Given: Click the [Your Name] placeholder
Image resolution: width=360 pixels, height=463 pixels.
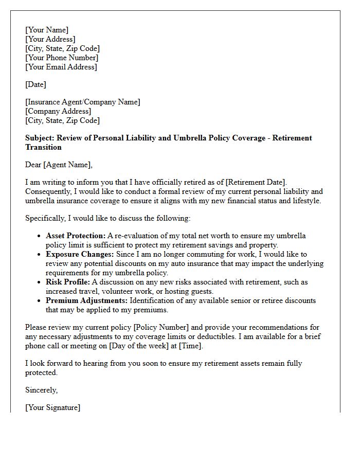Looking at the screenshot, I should click(47, 30).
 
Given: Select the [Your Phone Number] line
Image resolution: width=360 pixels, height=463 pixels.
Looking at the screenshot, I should click(62, 58).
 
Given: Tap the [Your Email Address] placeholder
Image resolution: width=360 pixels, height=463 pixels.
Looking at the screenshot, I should click(61, 67).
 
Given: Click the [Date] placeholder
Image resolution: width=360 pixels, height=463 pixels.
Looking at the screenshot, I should click(35, 84).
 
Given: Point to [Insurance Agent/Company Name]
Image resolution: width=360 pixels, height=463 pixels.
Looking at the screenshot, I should click(83, 102).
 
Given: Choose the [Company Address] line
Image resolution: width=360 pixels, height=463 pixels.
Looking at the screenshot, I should click(58, 111).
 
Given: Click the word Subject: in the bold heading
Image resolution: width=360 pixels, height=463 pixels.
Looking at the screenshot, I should click(40, 138).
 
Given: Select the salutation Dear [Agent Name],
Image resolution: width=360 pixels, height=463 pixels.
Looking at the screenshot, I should click(59, 165).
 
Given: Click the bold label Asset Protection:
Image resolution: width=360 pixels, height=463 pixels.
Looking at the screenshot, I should click(76, 236).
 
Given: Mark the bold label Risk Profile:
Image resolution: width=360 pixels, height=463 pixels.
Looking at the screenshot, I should click(67, 282).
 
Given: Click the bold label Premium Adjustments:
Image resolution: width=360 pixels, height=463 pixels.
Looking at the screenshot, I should click(86, 300).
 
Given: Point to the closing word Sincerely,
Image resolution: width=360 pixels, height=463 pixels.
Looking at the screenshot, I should click(41, 390).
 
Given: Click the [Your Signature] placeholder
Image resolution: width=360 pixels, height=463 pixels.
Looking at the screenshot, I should click(52, 407).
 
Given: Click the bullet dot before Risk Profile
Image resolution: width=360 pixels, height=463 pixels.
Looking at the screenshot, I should click(40, 282).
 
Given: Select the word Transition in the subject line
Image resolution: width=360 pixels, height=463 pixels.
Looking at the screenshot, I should click(44, 147).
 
